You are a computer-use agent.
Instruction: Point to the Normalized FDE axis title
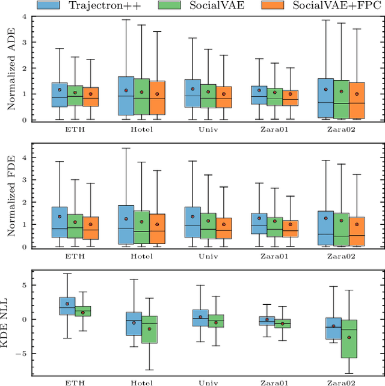coord(10,195)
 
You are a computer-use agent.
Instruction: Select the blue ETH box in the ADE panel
coord(60,95)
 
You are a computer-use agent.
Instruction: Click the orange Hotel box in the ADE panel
coord(157,98)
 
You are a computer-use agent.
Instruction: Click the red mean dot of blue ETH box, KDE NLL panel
coord(67,304)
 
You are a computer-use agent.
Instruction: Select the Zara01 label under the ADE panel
coord(275,128)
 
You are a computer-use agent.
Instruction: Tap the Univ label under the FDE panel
coord(208,255)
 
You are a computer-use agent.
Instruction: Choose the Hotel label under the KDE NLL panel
coord(141,381)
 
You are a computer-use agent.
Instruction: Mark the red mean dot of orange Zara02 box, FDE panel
coord(356,224)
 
